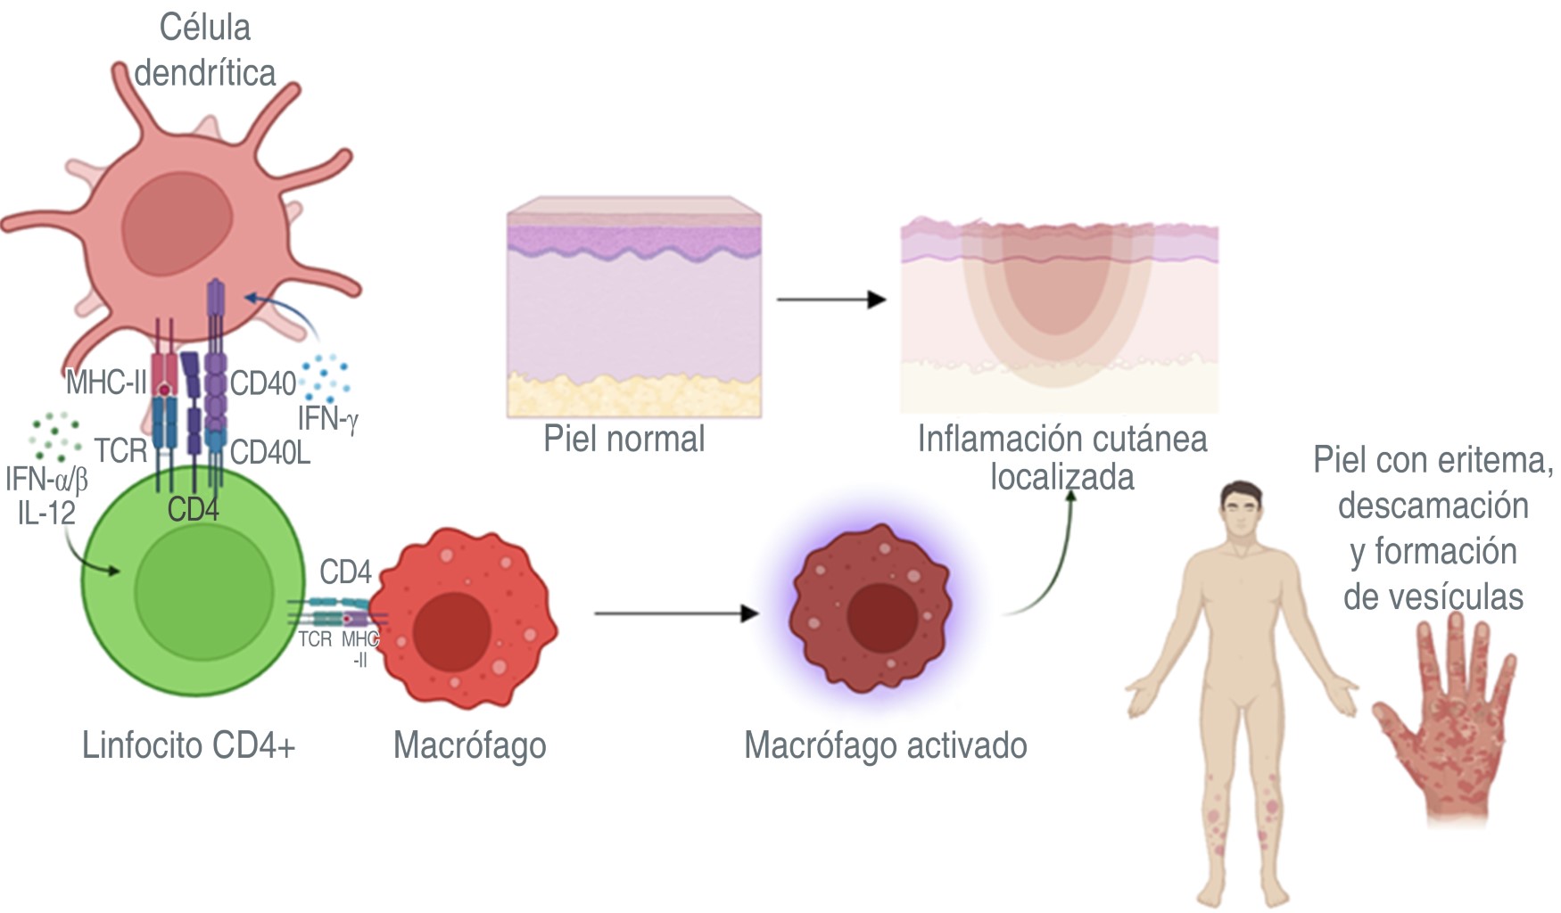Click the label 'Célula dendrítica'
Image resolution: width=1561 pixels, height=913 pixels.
pyautogui.click(x=204, y=50)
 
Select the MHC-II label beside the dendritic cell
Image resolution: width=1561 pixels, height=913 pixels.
pyautogui.click(x=105, y=383)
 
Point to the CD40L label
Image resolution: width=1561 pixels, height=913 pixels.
pyautogui.click(x=270, y=453)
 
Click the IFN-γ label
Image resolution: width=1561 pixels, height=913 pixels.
pyautogui.click(x=327, y=417)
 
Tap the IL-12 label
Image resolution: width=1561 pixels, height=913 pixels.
pyautogui.click(x=46, y=513)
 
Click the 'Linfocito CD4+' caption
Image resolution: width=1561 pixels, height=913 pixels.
pyautogui.click(x=188, y=744)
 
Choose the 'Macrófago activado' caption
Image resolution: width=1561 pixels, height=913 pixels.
pyautogui.click(x=885, y=744)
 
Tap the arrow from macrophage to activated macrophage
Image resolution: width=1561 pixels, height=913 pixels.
pyautogui.click(x=676, y=613)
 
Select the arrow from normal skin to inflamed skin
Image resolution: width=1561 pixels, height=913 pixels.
pyautogui.click(x=830, y=300)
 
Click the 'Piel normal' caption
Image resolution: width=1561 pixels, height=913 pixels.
pyautogui.click(x=624, y=439)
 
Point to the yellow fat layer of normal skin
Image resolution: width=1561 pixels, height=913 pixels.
pyautogui.click(x=634, y=395)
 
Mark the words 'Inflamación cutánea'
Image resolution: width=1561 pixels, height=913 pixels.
pyautogui.click(x=1062, y=439)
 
